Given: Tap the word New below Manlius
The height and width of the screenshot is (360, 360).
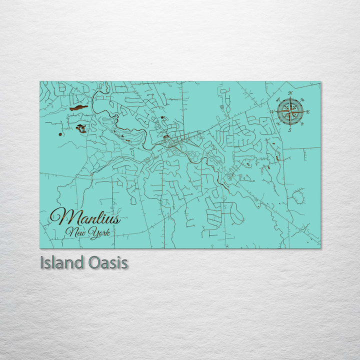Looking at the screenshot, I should point(75,232).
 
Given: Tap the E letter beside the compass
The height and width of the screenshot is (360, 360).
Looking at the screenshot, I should point(307,112).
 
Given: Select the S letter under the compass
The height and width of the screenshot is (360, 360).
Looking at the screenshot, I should point(289,130).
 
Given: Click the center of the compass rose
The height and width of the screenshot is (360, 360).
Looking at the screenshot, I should point(289,111).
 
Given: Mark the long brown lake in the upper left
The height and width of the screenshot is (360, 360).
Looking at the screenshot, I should point(78,107).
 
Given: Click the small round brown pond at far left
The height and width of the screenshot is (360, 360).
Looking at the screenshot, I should point(60,134).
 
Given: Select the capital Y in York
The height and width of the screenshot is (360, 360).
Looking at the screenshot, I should point(91,232).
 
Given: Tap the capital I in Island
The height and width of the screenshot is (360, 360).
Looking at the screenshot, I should point(42,262).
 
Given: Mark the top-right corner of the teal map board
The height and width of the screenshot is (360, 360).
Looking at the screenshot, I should point(320,81).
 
